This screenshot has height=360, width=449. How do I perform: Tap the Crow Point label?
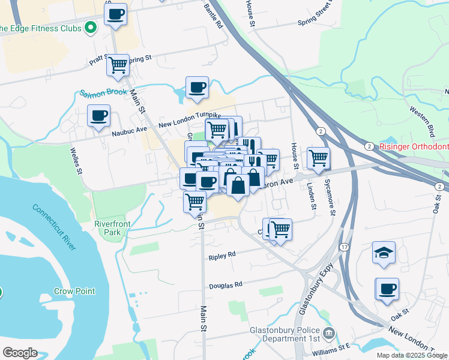[x=74, y=292]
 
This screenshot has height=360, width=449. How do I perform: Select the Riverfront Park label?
[x=112, y=228]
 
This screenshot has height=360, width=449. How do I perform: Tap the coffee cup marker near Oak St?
[x=387, y=289]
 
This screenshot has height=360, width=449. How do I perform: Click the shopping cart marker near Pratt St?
[x=118, y=64]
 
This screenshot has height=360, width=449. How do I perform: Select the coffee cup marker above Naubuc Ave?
[x=98, y=115]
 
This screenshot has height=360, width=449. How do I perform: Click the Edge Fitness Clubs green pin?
[x=91, y=27]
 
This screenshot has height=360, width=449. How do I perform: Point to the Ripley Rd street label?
[x=222, y=256]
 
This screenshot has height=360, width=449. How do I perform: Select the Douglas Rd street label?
[x=225, y=285]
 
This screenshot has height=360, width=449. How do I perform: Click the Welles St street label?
[x=76, y=161]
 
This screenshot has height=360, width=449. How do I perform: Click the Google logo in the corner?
[x=20, y=353]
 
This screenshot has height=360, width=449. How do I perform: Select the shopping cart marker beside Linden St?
[x=319, y=158]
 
